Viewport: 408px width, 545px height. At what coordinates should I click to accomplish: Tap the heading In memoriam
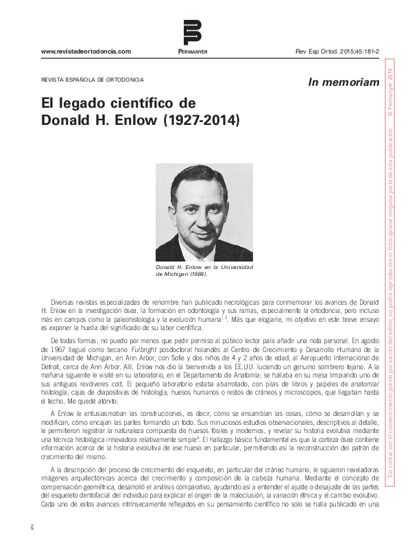[x=344, y=82]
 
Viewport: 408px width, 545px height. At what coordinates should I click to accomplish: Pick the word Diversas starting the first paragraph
[x=65, y=301]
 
